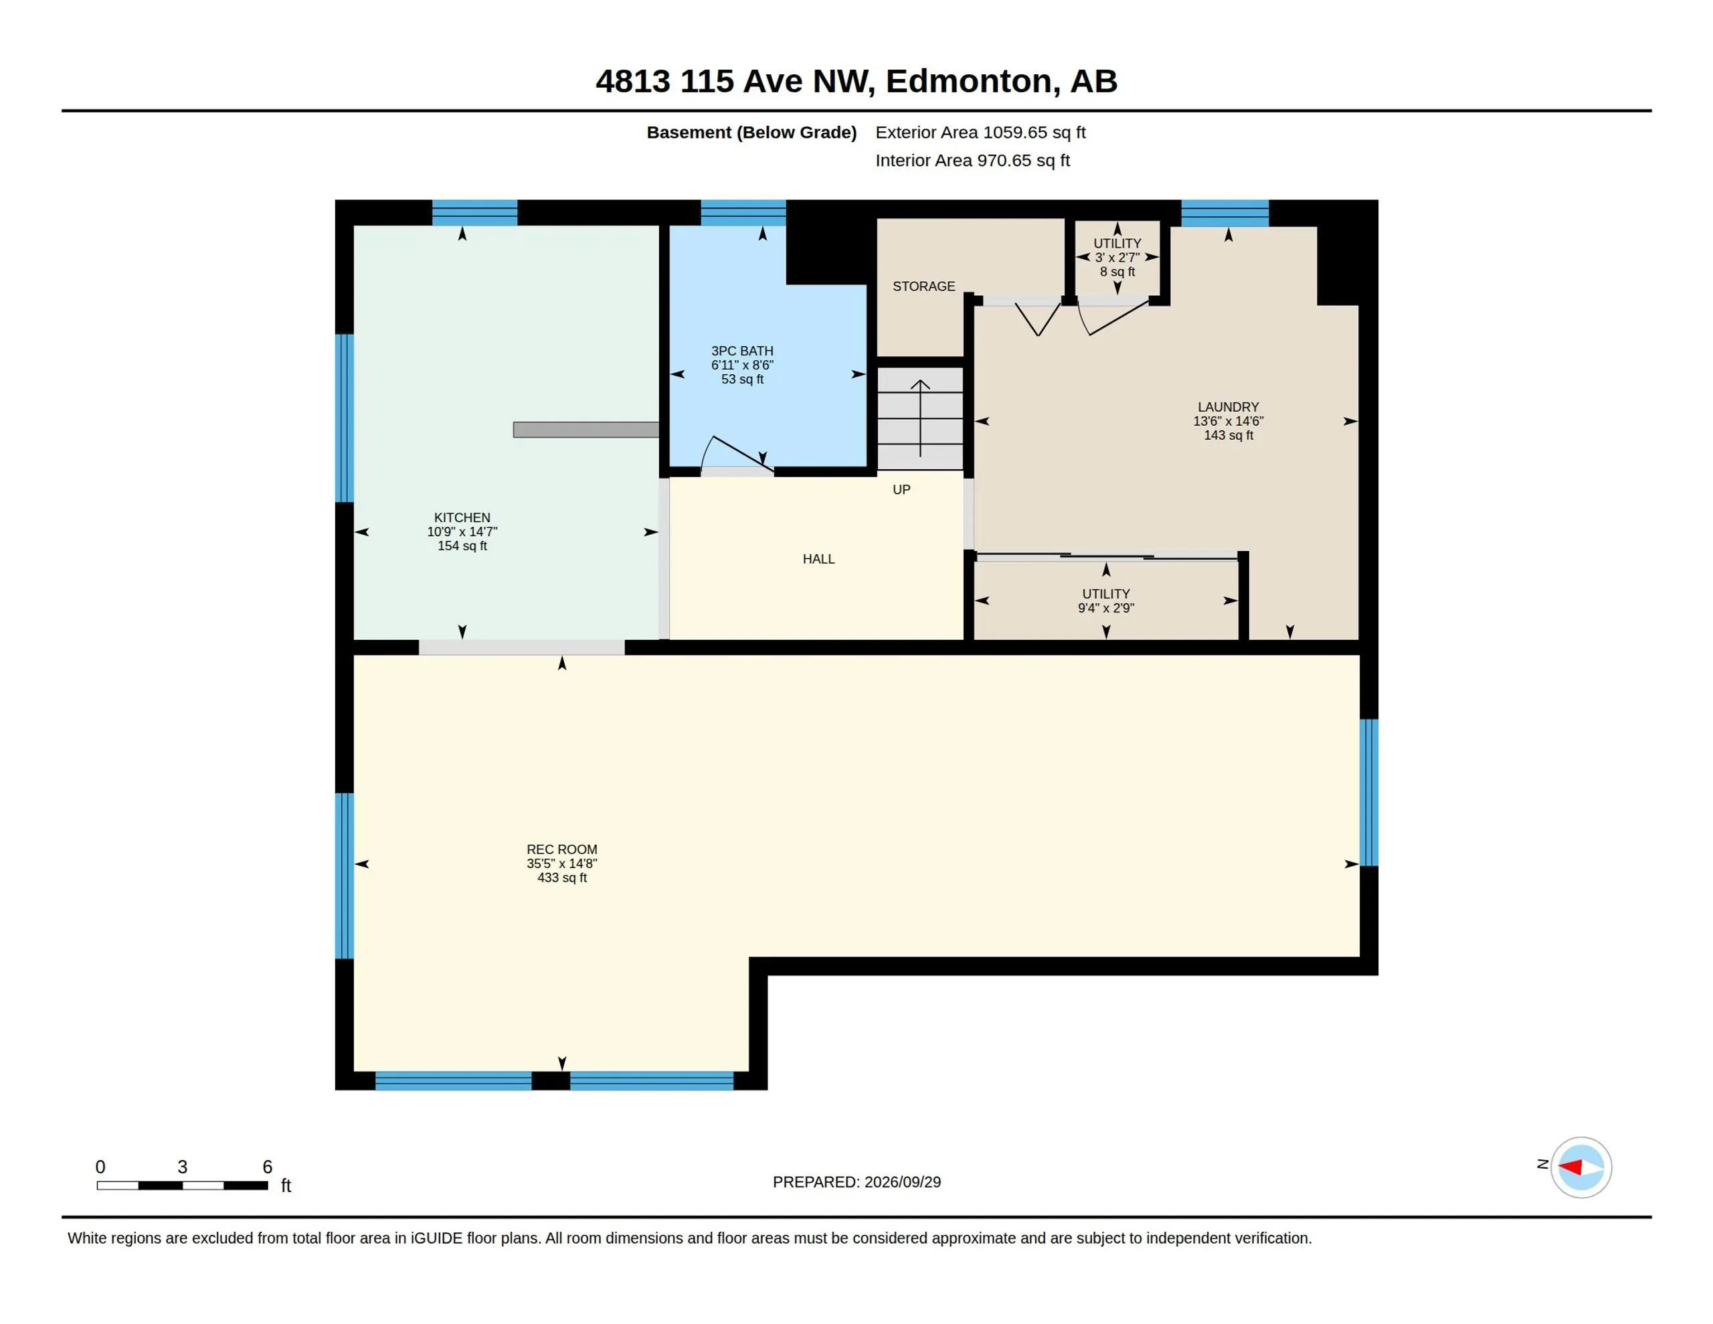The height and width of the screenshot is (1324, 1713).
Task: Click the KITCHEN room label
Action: click(462, 518)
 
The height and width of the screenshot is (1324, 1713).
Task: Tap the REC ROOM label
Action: click(561, 849)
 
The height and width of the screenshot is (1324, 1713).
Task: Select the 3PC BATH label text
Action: click(742, 351)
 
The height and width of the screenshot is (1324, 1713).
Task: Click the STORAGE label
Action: click(924, 286)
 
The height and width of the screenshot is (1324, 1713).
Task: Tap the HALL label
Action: click(818, 559)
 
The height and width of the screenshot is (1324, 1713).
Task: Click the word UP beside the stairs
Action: click(901, 490)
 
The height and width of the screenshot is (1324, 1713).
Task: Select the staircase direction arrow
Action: click(920, 418)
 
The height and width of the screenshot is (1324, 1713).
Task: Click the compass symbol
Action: click(1581, 1167)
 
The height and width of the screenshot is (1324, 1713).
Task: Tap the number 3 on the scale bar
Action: click(182, 1167)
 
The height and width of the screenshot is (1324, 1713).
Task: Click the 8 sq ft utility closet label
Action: click(1117, 272)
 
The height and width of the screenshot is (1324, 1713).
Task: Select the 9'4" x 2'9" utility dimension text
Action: click(1106, 608)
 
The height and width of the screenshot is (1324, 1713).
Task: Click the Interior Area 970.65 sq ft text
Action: click(972, 160)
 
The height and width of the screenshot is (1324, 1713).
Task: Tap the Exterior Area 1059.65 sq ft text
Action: click(980, 133)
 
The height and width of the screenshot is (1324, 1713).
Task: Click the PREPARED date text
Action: click(856, 1182)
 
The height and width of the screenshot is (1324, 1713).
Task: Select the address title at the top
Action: click(856, 81)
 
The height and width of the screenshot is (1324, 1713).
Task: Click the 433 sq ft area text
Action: click(561, 878)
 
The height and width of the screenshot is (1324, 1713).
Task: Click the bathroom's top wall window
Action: click(743, 213)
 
